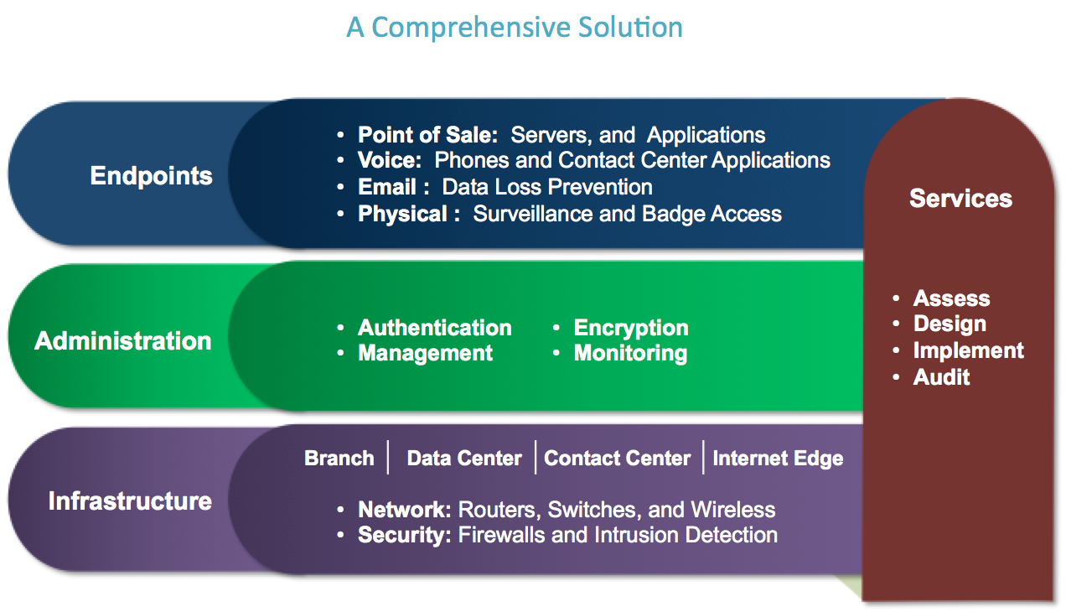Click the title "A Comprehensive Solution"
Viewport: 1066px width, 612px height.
coord(515,28)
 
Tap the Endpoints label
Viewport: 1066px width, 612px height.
coord(152,176)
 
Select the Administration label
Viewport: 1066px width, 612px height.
coord(123,341)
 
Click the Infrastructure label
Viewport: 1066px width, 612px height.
coord(130,501)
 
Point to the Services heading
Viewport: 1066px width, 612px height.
coord(960,199)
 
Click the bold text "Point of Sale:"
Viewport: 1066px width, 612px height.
coord(428,135)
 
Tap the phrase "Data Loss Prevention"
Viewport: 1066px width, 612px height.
coord(547,187)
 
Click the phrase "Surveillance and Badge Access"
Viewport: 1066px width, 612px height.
coord(627,214)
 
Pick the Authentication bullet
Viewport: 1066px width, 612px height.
coord(434,328)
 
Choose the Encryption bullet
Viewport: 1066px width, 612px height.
coord(631,328)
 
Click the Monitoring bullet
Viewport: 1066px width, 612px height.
coord(630,354)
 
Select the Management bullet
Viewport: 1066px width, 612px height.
coord(425,354)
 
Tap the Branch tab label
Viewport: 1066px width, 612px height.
coord(339,459)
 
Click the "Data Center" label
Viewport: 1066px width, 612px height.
coord(464,459)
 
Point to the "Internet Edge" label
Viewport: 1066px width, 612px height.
coord(778,459)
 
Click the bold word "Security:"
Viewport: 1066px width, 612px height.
coord(405,535)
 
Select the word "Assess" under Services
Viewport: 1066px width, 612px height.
coord(951,298)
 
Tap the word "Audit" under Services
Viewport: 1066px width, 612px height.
coord(941,377)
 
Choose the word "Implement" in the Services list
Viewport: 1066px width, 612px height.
coord(968,350)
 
